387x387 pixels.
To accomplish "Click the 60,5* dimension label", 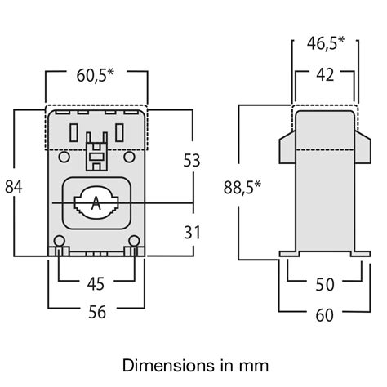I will [96, 76].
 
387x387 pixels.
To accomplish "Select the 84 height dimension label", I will [13, 186].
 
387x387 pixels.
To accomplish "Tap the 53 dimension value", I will [191, 161].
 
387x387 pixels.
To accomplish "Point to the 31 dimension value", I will [191, 232].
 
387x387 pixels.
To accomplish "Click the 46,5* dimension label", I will [326, 42].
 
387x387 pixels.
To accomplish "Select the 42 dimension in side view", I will [324, 76].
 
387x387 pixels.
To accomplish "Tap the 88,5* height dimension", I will [242, 188].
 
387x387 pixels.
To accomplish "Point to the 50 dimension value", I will [324, 284].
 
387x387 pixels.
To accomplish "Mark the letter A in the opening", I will [96, 203].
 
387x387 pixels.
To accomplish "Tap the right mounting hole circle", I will [133, 240].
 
